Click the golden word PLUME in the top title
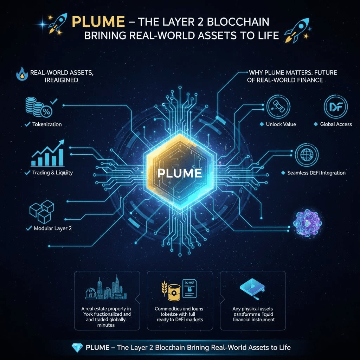pos(98,22)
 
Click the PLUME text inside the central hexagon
pos(180,173)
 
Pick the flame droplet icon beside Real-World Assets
pos(22,74)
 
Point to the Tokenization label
pos(47,124)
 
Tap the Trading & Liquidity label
pos(52,173)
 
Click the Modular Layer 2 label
pos(53,228)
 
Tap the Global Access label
pos(336,124)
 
